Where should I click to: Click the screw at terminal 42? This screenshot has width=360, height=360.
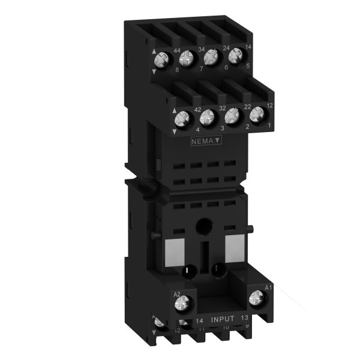point(180,120)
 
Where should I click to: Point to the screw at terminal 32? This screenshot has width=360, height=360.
point(207,118)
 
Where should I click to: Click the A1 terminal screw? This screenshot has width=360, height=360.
point(256,295)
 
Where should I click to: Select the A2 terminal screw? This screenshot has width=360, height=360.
point(179,306)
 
